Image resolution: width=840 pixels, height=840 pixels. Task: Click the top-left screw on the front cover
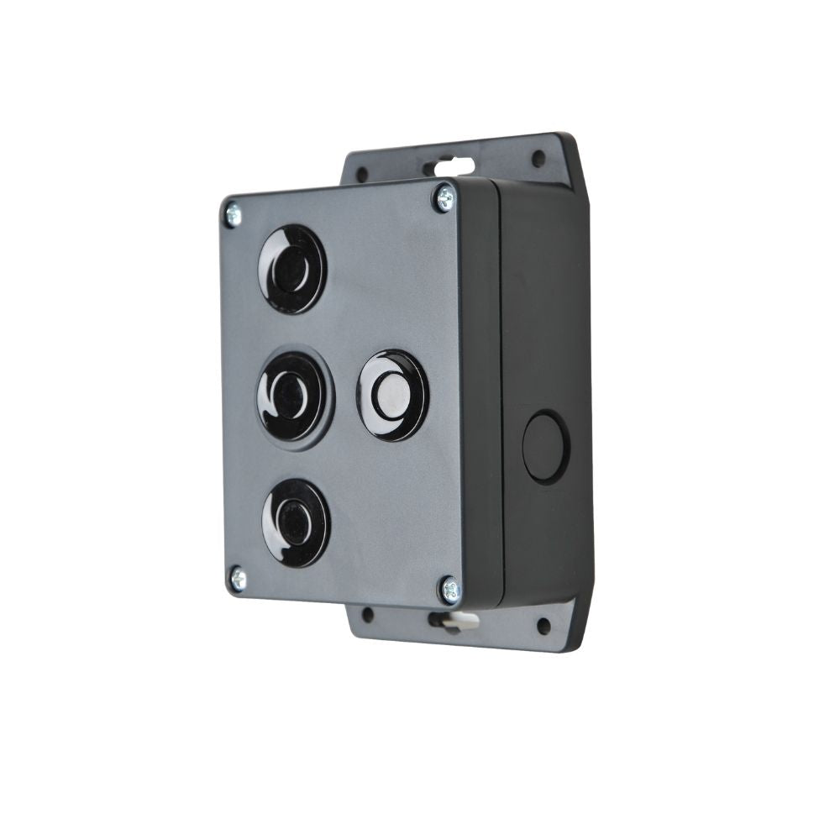click(x=232, y=213)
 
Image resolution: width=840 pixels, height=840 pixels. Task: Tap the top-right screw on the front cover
click(x=444, y=198)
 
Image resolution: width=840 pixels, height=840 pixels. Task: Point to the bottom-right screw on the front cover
click(x=450, y=591)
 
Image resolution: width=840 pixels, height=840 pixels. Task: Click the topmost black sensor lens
click(x=291, y=269)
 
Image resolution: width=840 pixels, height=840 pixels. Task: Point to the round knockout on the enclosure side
click(x=545, y=447)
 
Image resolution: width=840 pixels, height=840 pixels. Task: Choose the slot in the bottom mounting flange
click(x=452, y=622)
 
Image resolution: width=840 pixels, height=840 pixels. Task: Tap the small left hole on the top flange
click(x=362, y=175)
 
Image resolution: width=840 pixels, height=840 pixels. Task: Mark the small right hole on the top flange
click(x=538, y=158)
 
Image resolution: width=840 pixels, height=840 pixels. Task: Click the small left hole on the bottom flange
click(x=367, y=615)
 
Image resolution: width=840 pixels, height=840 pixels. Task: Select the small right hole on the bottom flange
click(x=543, y=626)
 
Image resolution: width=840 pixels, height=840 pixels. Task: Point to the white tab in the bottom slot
click(x=459, y=622)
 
